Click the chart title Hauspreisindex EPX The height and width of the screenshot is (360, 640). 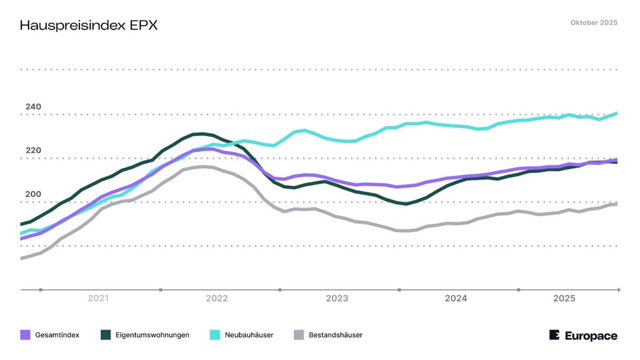[x=89, y=26]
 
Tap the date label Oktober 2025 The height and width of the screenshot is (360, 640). [x=594, y=22]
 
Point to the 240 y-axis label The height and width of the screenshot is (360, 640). [x=33, y=107]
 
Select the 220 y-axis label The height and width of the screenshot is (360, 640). [x=33, y=150]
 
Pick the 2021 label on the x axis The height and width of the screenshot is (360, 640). [x=98, y=299]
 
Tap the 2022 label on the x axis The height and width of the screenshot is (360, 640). [x=217, y=299]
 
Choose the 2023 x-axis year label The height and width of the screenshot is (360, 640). [x=337, y=299]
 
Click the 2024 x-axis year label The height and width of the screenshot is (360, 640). [x=456, y=299]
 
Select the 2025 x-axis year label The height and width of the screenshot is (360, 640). [x=564, y=299]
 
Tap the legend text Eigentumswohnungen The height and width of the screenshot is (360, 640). [x=151, y=335]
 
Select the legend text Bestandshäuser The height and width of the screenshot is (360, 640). [x=335, y=335]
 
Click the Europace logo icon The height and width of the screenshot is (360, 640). [x=555, y=335]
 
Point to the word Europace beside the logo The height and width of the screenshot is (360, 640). [x=591, y=335]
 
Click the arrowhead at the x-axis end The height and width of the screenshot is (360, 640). [x=618, y=290]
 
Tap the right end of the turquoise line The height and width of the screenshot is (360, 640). [x=617, y=113]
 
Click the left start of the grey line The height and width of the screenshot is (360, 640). [x=21, y=258]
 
